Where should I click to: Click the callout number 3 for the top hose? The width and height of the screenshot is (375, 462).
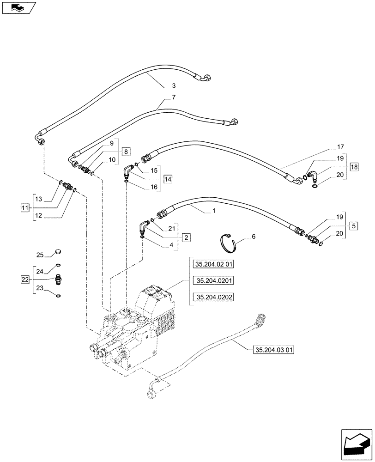tap(173, 85)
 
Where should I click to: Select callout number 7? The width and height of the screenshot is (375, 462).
tap(173, 97)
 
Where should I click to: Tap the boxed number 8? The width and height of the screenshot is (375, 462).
tap(126, 151)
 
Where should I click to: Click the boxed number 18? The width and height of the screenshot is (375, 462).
tap(354, 166)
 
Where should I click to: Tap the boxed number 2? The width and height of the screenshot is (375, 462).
tap(185, 237)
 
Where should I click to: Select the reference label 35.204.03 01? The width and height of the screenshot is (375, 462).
tap(273, 350)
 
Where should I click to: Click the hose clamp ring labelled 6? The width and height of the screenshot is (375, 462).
tap(228, 243)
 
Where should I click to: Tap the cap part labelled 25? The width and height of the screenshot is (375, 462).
tap(58, 252)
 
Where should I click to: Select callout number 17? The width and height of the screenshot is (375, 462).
tap(340, 147)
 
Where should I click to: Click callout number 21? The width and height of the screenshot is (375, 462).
tap(172, 229)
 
